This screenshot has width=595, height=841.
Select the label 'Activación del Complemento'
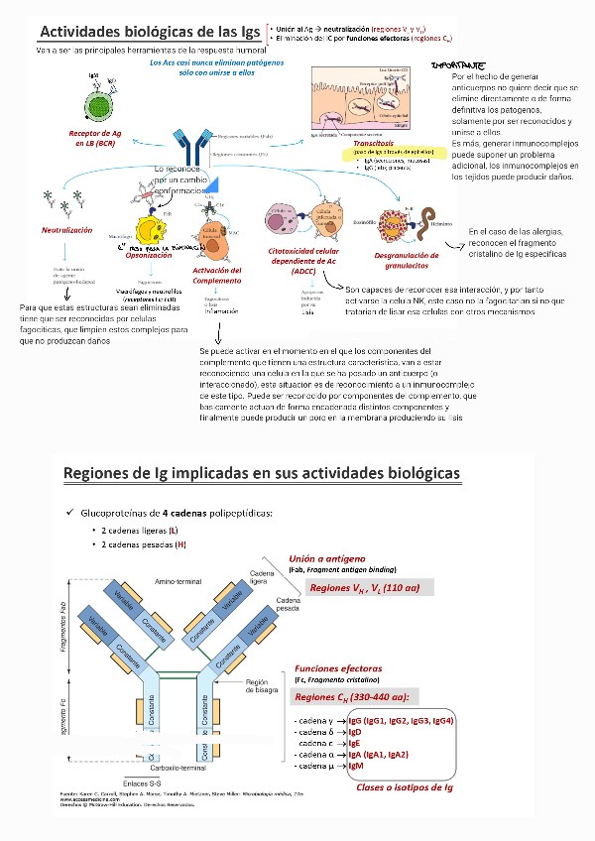pos(217,275)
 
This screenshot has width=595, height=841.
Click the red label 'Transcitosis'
pos(374,144)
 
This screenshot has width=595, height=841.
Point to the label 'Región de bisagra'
pos(259,686)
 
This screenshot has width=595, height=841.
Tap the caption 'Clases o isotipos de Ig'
pos(405,787)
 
